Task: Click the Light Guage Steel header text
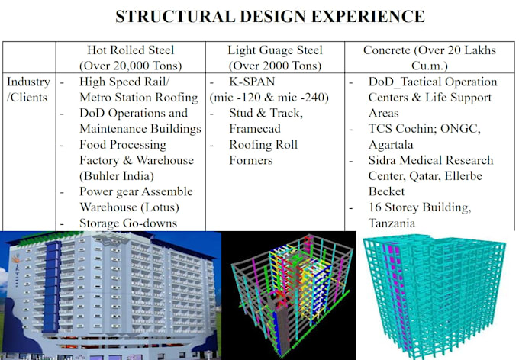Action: point(274,50)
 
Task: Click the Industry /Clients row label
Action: point(28,89)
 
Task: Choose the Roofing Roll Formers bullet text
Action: point(263,152)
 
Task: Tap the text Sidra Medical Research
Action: point(430,160)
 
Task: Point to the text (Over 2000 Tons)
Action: point(274,66)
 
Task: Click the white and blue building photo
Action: point(111,294)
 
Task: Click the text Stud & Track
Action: point(266,113)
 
